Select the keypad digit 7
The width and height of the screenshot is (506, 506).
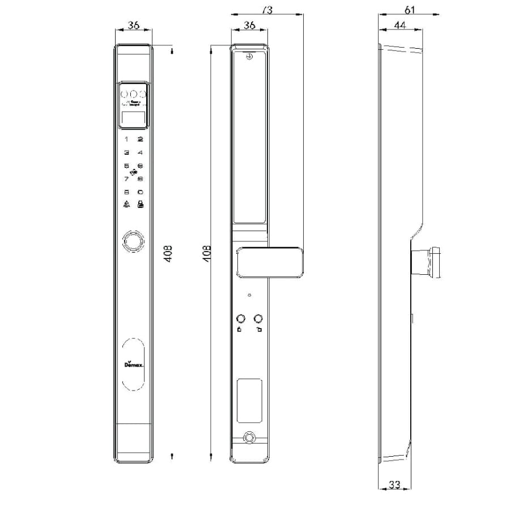pos(126,179)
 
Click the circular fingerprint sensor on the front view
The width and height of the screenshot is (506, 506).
pos(134,240)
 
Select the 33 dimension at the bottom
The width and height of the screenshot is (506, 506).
pos(394,485)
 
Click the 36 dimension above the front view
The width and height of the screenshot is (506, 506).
pos(134,25)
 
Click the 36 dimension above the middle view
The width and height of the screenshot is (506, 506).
pos(249,25)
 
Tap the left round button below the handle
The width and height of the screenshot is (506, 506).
pos(240,318)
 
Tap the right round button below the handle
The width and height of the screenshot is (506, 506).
pos(259,318)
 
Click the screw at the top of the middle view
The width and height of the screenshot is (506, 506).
pos(249,56)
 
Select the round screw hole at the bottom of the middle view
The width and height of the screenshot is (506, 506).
pos(248,437)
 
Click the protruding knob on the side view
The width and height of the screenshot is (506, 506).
pos(428,262)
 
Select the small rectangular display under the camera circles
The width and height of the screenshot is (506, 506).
pos(134,118)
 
